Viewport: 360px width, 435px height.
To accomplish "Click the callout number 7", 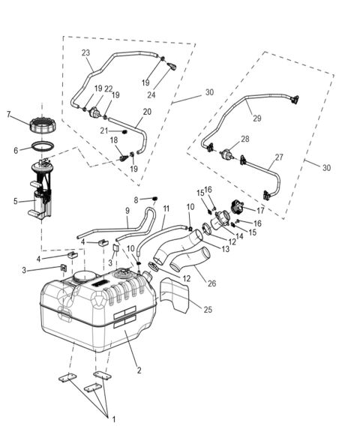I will coord(9,115).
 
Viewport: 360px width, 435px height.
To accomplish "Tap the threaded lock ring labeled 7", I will coord(42,123).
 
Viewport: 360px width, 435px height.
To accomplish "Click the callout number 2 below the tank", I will coord(138,370).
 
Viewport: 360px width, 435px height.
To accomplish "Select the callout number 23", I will coord(85,52).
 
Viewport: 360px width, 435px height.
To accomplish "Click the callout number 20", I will coord(147,112).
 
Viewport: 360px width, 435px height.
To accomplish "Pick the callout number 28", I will coord(245,139).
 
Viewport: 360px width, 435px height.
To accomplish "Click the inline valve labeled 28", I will coord(227,153).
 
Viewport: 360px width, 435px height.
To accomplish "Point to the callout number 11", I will coord(166,208).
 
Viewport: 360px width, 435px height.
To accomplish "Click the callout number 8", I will coord(136,199).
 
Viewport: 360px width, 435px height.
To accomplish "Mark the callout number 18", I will coord(114,139).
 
